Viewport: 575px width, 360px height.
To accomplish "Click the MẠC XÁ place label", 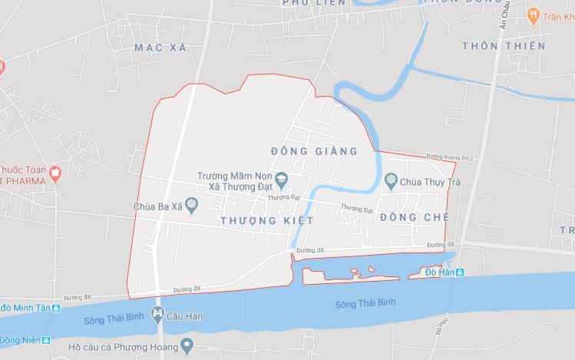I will point(160,48).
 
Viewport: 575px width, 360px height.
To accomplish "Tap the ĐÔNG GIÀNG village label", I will point(315,151).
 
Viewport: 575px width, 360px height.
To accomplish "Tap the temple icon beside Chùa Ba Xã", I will point(192,204).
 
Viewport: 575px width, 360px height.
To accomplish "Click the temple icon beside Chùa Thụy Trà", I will point(392,180).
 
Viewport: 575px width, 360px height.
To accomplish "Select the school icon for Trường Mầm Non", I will point(283,180).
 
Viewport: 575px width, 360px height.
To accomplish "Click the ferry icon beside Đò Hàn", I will point(460,272).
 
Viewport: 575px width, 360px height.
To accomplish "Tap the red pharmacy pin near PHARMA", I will point(55,173).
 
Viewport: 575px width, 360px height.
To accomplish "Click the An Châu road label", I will point(504,17).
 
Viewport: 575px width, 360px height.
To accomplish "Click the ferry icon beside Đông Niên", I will point(46,340).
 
